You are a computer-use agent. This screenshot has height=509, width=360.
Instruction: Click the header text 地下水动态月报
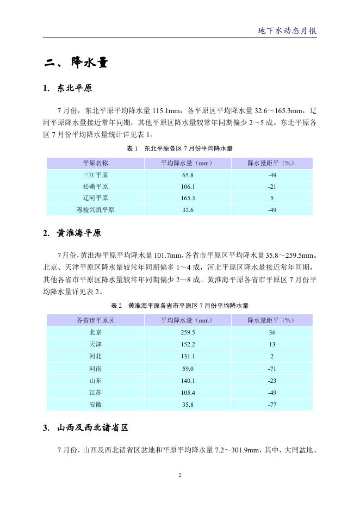click(x=287, y=30)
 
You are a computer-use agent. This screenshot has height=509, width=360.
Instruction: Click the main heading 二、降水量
click(x=76, y=63)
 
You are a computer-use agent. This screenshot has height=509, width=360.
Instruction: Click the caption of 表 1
click(x=179, y=148)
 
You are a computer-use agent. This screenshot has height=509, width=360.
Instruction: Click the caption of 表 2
click(x=179, y=306)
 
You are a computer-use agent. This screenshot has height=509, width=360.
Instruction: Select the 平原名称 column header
click(x=95, y=163)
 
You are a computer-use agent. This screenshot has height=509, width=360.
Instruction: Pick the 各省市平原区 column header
click(x=95, y=320)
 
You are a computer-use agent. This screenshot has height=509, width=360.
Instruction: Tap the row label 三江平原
click(x=95, y=175)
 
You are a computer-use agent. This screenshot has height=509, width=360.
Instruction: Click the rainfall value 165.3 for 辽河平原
click(x=188, y=198)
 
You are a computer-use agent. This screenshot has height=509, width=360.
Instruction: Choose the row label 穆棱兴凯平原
click(x=95, y=210)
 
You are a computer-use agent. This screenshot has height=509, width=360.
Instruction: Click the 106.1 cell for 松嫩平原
click(x=188, y=187)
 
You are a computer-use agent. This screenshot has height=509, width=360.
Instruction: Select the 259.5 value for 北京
click(x=188, y=332)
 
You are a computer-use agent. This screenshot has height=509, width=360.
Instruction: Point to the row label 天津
click(x=95, y=344)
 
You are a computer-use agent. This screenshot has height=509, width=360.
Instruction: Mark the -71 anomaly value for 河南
click(x=272, y=368)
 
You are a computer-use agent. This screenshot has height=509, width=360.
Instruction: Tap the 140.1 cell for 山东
click(x=188, y=380)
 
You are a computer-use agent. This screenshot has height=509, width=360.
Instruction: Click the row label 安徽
click(x=95, y=404)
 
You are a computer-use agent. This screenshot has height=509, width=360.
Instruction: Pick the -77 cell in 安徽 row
click(x=272, y=404)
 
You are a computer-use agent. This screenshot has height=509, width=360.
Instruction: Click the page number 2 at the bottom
click(x=179, y=475)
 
